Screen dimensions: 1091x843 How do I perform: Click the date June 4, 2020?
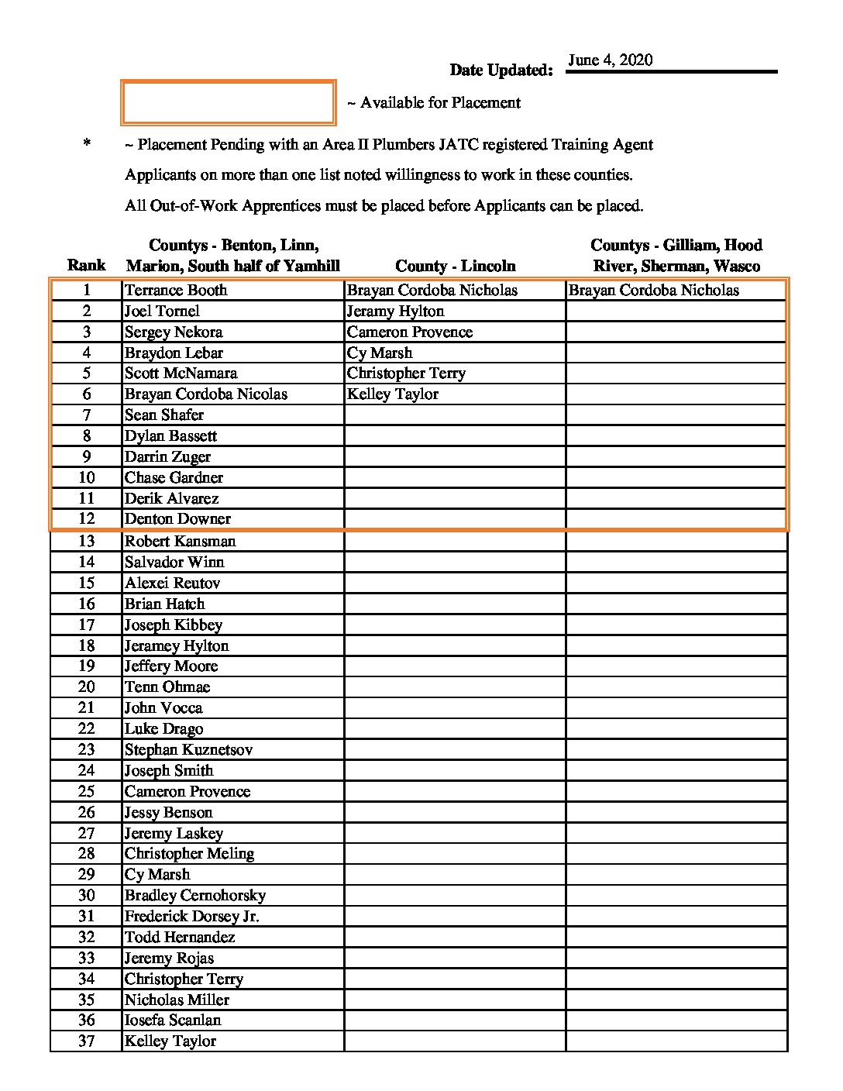610,60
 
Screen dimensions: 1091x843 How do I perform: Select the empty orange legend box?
228,102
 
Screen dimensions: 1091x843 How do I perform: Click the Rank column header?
86,266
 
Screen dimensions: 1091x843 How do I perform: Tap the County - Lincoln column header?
455,266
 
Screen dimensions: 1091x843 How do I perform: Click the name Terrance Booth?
176,291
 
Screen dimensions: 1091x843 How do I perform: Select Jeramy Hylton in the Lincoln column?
395,311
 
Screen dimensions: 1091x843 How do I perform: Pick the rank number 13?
86,542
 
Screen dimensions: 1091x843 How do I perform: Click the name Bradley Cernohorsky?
194,896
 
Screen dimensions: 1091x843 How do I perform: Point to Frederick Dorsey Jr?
191,917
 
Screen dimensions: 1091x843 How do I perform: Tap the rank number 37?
86,1041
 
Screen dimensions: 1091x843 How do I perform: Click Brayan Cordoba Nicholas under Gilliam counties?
653,291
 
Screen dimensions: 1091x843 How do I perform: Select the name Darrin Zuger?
167,457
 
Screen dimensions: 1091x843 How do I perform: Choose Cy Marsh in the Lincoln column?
380,353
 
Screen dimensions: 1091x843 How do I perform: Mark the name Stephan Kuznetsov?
188,750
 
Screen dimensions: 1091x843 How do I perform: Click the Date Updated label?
501,71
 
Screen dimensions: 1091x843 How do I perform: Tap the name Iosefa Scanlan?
173,1020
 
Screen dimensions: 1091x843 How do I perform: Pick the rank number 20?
86,687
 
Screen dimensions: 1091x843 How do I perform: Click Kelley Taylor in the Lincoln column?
392,394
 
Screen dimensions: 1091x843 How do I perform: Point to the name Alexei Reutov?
172,583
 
